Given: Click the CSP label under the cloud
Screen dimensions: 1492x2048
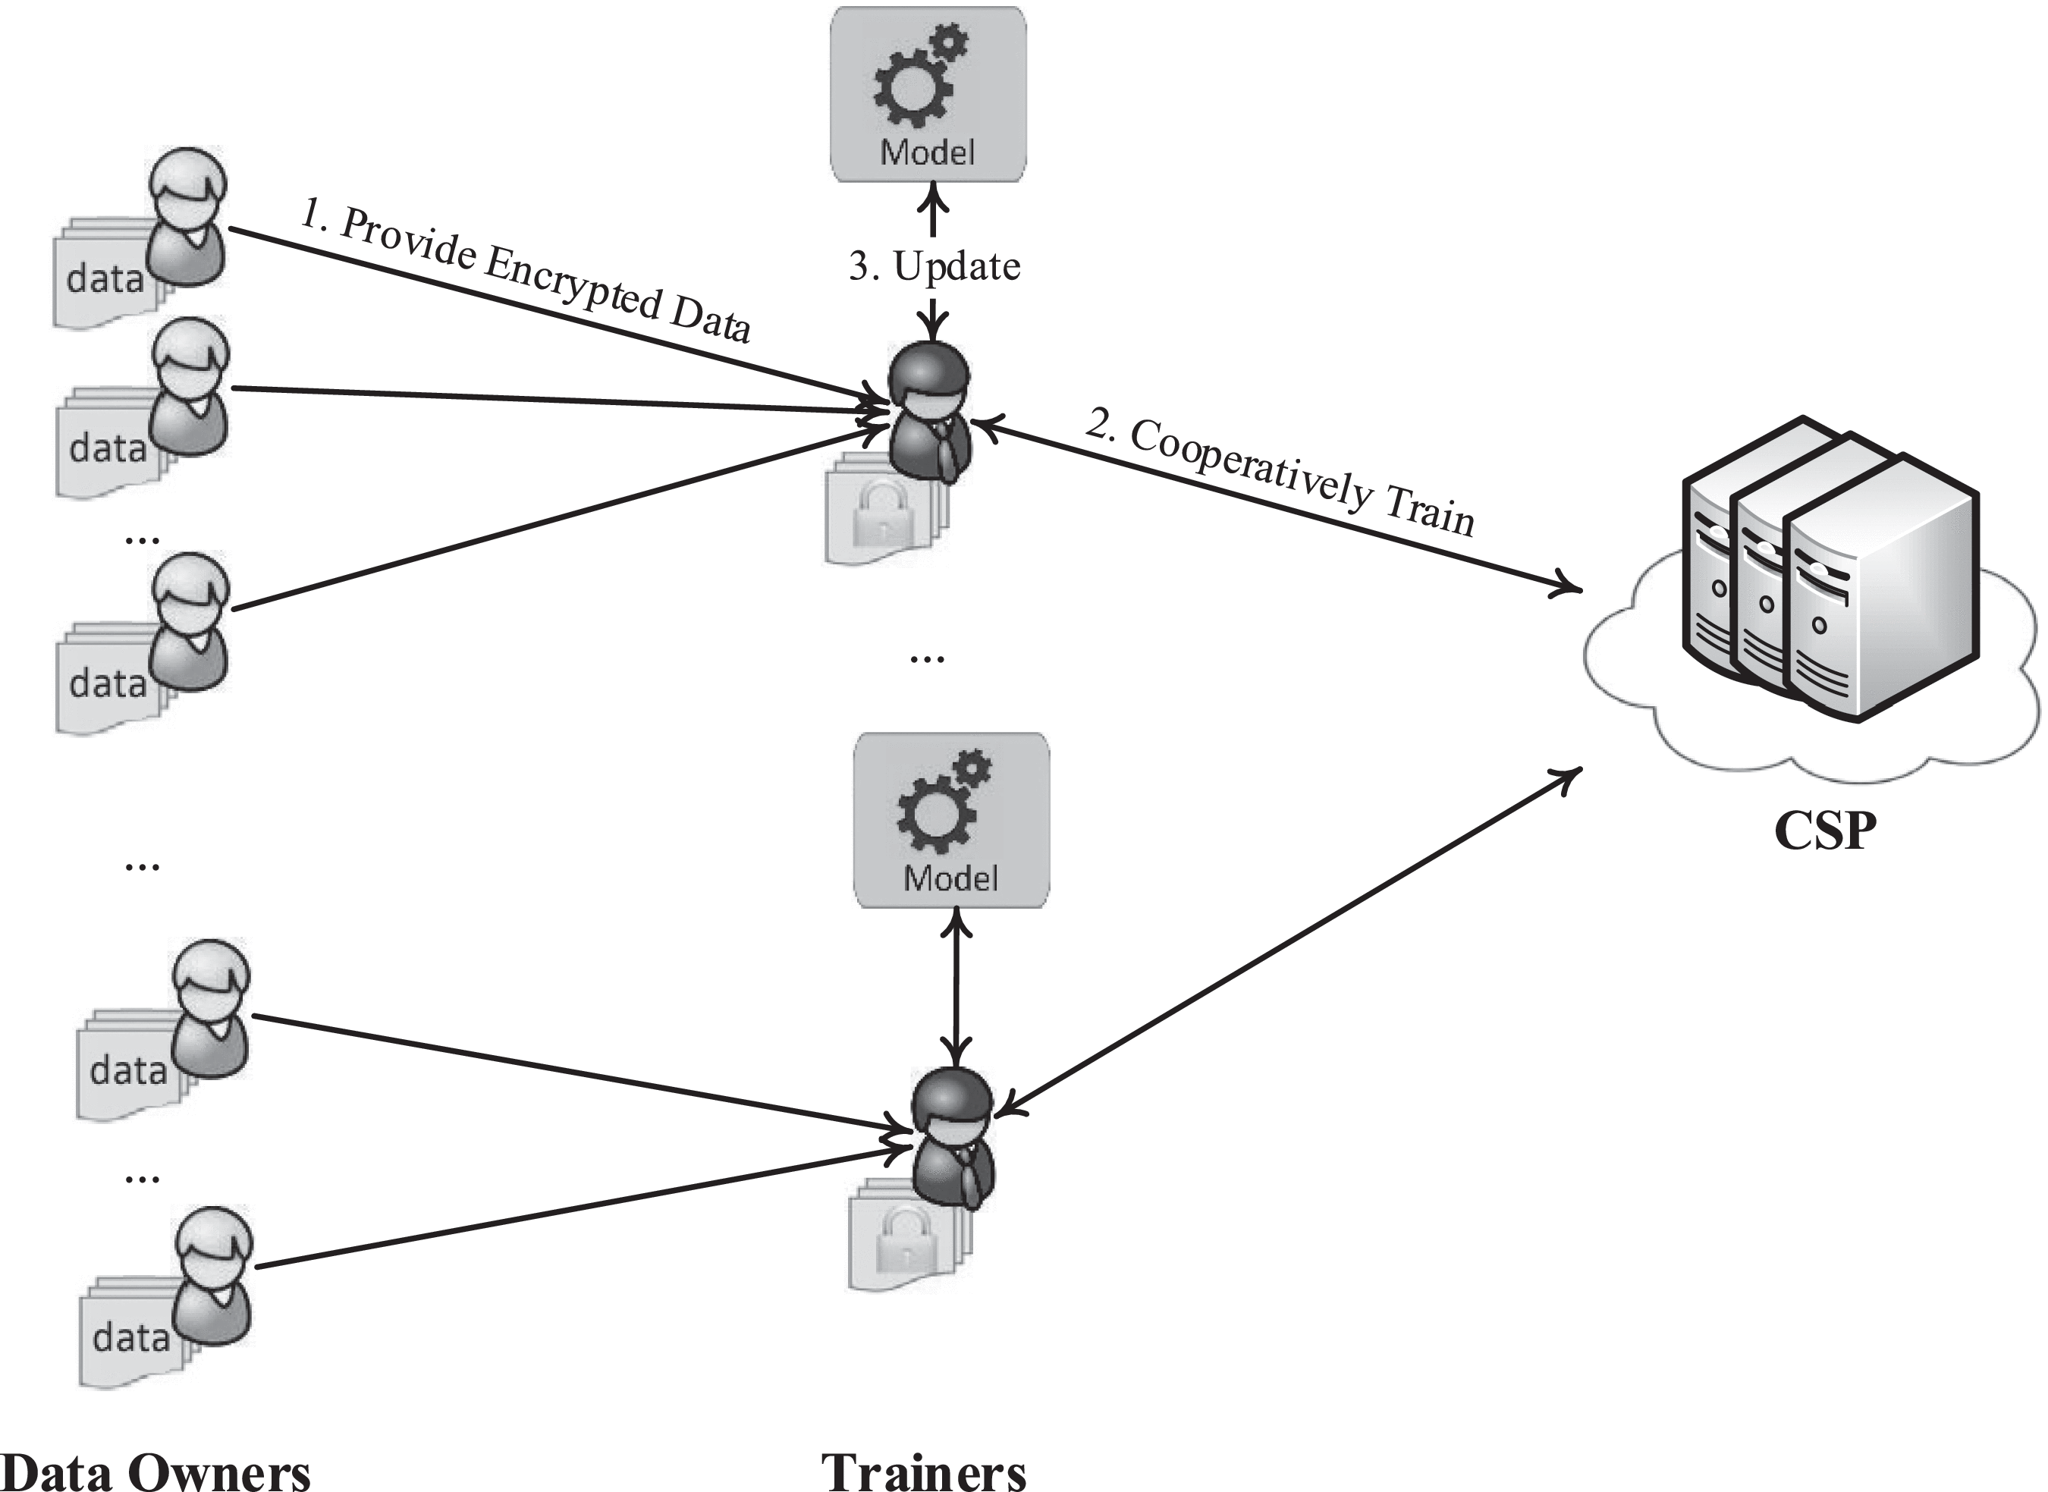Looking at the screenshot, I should tap(1824, 831).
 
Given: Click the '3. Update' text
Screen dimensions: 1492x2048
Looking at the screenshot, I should tap(934, 266).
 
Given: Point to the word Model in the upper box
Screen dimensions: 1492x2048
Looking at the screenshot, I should tap(928, 152).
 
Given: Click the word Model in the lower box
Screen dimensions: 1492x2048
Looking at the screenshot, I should tap(951, 878).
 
